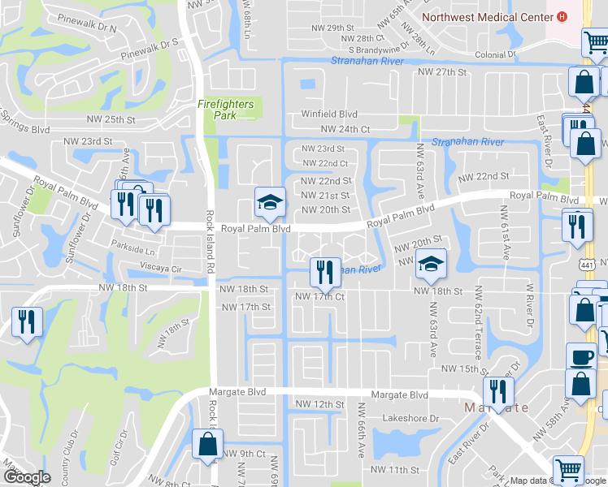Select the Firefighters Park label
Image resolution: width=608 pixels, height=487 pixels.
pyautogui.click(x=226, y=110)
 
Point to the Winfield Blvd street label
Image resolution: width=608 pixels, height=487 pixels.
pyautogui.click(x=329, y=114)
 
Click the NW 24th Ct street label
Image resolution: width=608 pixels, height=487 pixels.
pyautogui.click(x=345, y=129)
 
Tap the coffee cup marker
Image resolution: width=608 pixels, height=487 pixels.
pyautogui.click(x=580, y=356)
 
